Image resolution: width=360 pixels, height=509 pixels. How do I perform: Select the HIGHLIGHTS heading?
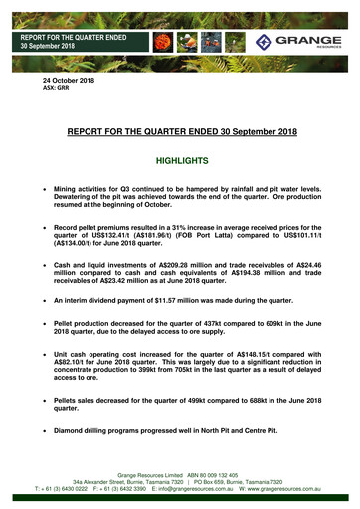tap(180, 159)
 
